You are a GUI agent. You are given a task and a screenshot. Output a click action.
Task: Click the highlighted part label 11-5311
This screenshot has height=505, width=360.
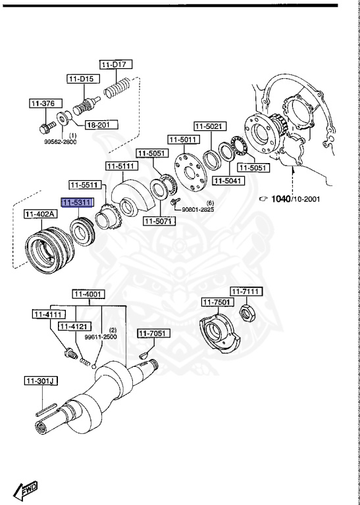[77, 203]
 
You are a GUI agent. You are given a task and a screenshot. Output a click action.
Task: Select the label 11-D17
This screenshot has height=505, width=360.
[116, 64]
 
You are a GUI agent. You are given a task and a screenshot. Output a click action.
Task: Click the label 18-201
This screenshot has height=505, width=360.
[99, 124]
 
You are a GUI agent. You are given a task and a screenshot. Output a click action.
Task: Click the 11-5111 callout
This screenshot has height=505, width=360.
[121, 166]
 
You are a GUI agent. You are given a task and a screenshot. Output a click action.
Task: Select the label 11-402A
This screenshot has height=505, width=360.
[40, 214]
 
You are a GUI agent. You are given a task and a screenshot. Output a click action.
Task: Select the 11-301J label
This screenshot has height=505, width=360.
[41, 381]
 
